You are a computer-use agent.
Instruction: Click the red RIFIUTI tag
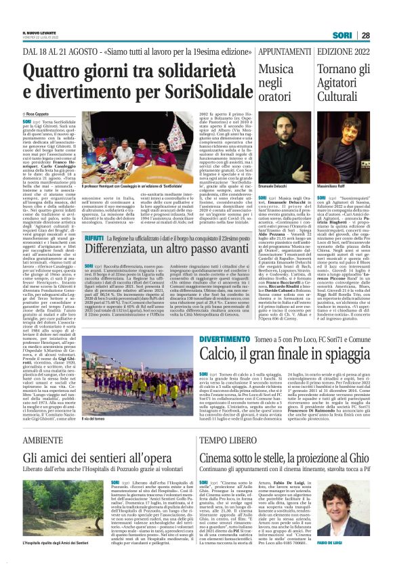coord(94,240)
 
